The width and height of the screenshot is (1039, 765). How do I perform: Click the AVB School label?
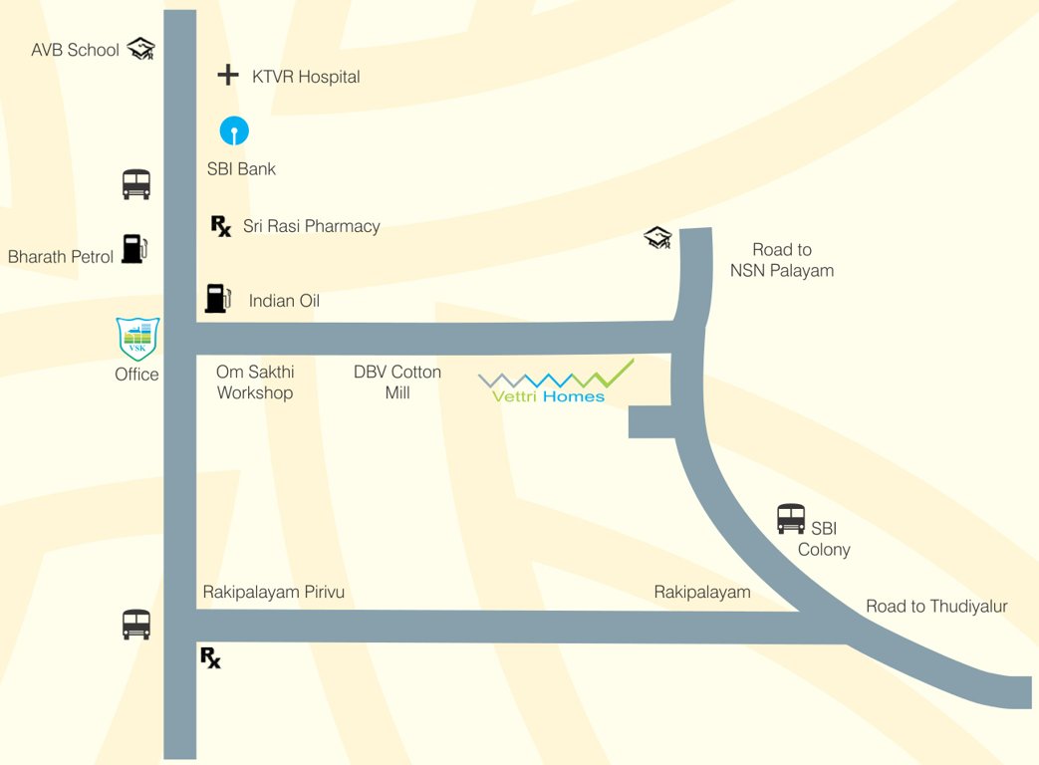point(75,50)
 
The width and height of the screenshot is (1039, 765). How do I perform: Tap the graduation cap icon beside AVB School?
point(142,48)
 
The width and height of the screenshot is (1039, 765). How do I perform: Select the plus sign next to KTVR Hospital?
point(228,75)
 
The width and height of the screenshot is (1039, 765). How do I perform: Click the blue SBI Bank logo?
point(234,130)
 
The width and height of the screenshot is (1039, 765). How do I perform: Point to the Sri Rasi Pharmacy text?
point(312,226)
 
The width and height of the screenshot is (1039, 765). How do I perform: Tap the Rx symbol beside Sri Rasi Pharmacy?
point(221,226)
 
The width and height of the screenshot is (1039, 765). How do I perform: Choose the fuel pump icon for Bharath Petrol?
point(133,248)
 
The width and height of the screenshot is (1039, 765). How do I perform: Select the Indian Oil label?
point(284,301)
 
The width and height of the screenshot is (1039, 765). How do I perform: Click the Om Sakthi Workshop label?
point(255,382)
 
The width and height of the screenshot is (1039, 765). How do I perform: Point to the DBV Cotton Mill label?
point(397,382)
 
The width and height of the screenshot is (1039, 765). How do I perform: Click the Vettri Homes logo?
point(554,382)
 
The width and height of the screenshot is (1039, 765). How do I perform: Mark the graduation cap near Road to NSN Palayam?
point(657,238)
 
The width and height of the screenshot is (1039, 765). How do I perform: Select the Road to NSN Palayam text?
point(782,260)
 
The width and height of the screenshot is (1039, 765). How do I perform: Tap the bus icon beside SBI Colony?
point(790,519)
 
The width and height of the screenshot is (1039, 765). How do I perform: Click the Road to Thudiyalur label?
point(936,606)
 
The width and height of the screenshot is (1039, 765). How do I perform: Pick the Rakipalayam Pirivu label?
point(274,592)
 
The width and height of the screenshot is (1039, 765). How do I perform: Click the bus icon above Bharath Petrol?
point(136,184)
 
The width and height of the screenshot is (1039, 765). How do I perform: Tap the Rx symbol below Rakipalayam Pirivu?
point(210,657)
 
